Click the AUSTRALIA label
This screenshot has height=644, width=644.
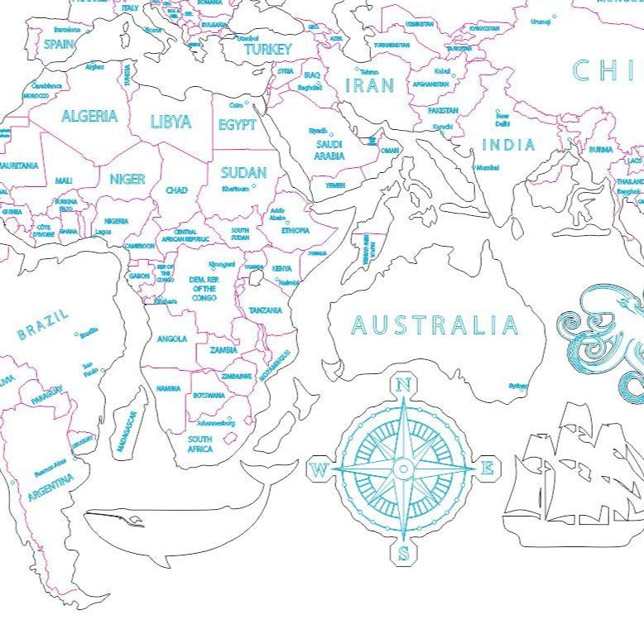[435, 324]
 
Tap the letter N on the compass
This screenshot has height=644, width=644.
[404, 384]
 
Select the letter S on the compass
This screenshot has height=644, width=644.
[403, 554]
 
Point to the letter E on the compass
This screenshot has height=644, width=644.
[488, 469]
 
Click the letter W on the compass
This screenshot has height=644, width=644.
[319, 470]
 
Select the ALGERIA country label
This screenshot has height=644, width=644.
[89, 116]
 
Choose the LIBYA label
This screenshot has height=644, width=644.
[171, 122]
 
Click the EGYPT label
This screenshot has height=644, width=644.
[237, 125]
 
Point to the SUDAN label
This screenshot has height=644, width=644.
[243, 172]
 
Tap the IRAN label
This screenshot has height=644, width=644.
[369, 85]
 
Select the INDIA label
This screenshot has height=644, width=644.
[508, 145]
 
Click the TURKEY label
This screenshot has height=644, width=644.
[267, 50]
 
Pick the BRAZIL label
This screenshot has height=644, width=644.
[44, 324]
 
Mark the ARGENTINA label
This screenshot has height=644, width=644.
[50, 486]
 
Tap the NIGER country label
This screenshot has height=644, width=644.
[127, 178]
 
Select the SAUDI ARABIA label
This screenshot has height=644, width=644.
[329, 150]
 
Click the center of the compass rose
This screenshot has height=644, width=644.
[403, 469]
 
